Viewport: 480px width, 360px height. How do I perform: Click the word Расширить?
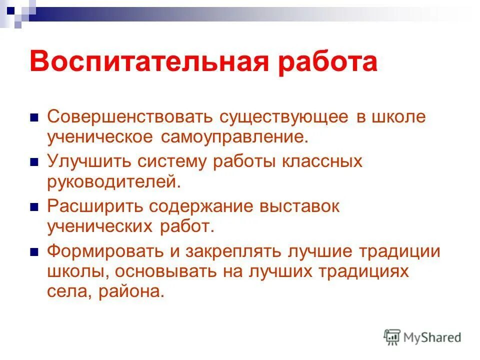pos(89,206)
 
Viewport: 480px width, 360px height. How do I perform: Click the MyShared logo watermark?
pos(422,337)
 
